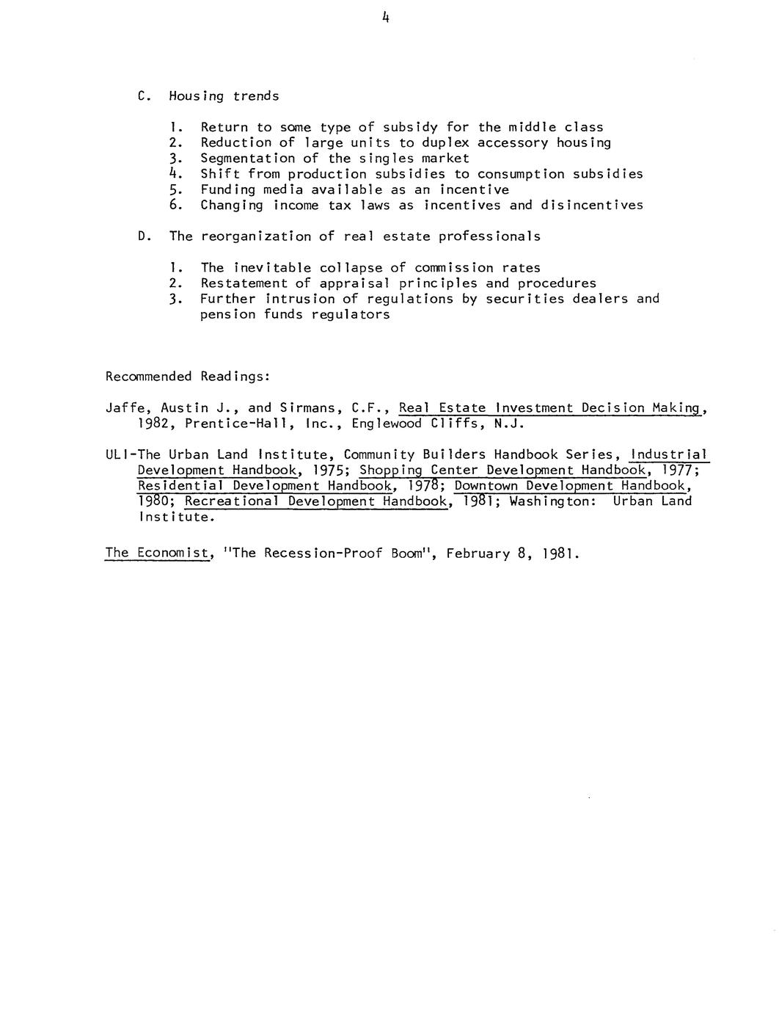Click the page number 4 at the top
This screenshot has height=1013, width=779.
385,19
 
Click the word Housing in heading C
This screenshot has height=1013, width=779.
197,96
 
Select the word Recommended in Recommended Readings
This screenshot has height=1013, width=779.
148,377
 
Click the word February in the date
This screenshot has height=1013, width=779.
478,553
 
